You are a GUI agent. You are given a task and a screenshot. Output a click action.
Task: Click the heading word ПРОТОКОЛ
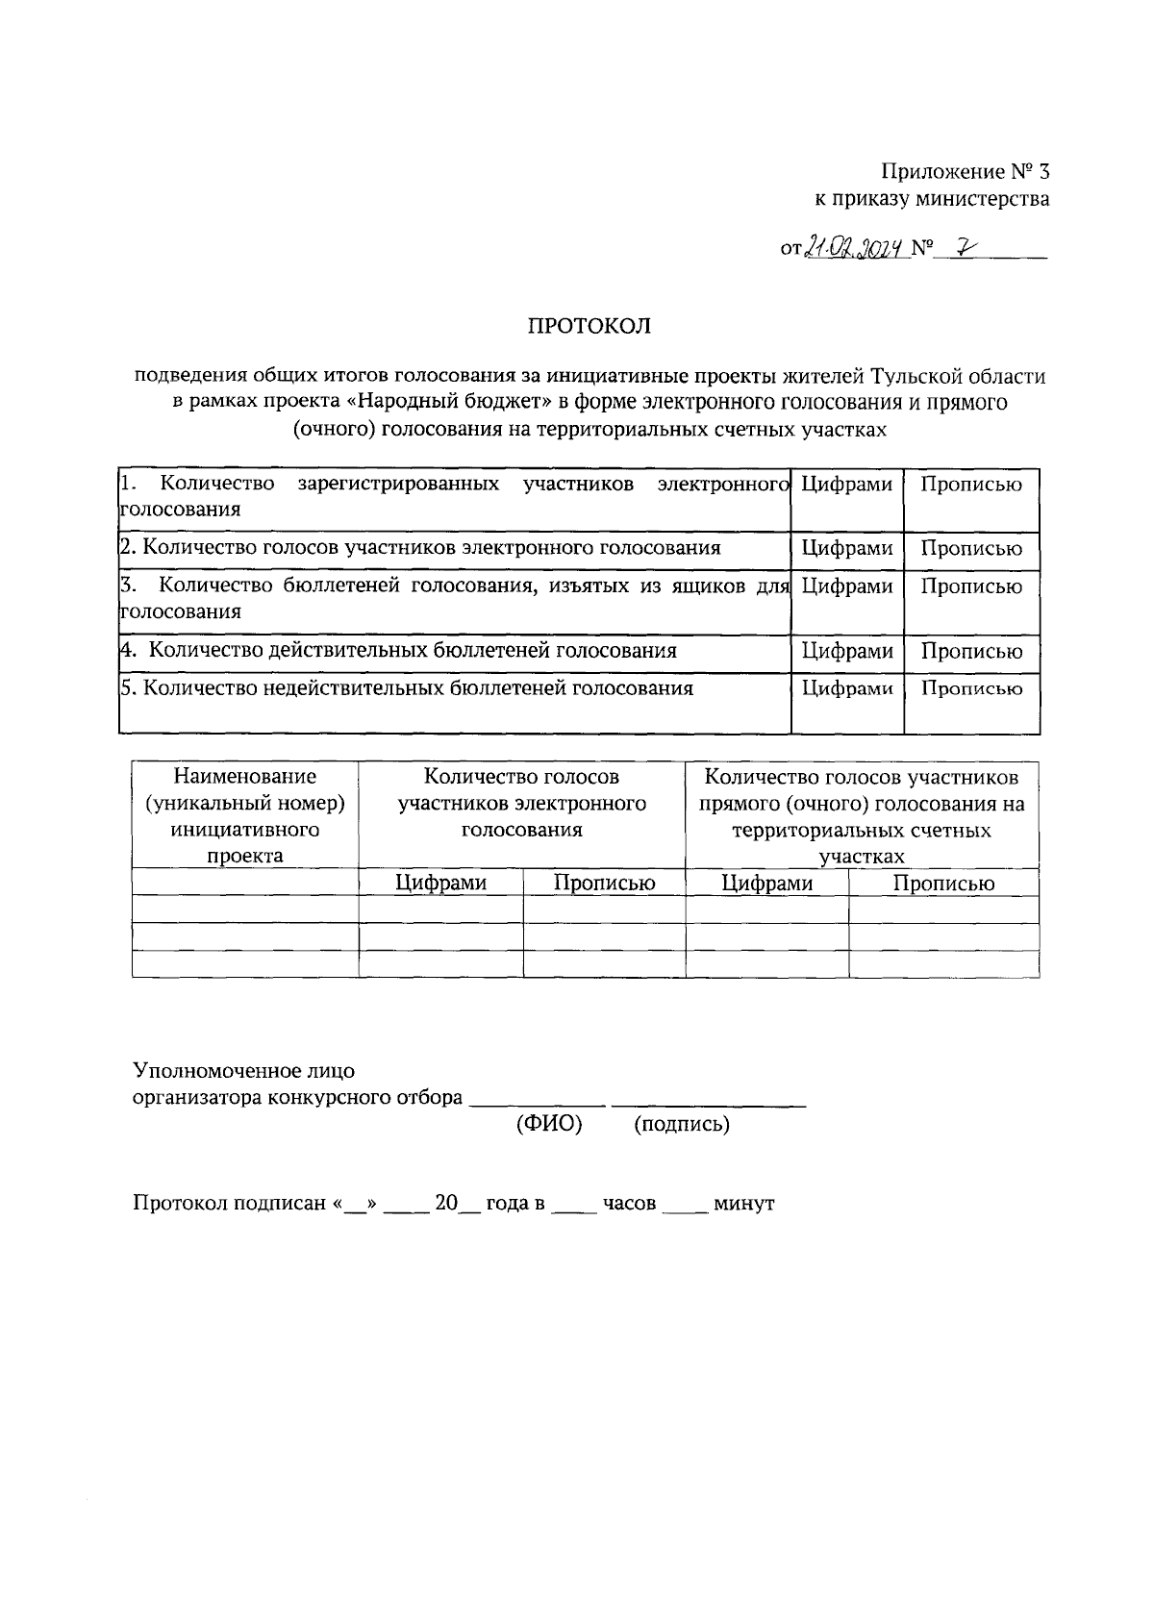point(589,326)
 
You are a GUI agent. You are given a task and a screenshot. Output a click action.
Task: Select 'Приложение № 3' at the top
point(965,172)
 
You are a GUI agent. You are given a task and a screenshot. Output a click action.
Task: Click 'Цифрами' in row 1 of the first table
point(846,484)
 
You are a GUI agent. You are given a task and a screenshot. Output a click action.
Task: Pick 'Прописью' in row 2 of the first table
point(971,549)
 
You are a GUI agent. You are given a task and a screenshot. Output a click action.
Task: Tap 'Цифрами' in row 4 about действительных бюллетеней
point(846,652)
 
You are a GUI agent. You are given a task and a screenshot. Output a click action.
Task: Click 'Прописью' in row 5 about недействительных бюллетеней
point(971,688)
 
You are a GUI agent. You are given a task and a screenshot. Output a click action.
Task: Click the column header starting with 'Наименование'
point(244,815)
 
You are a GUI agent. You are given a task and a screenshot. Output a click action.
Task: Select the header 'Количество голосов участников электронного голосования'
point(521,803)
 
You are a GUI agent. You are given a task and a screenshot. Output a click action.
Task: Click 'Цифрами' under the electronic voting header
point(440,883)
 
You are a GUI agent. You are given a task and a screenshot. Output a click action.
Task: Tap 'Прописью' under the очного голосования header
point(942,883)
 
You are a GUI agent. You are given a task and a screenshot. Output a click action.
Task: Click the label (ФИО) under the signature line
point(549,1124)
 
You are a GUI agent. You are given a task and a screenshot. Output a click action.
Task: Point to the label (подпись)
point(681,1124)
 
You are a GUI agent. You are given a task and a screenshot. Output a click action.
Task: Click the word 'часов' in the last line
point(629,1203)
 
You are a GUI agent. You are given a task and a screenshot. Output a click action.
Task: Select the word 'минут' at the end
point(743,1203)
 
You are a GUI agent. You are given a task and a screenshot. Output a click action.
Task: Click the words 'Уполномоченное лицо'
point(243,1070)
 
